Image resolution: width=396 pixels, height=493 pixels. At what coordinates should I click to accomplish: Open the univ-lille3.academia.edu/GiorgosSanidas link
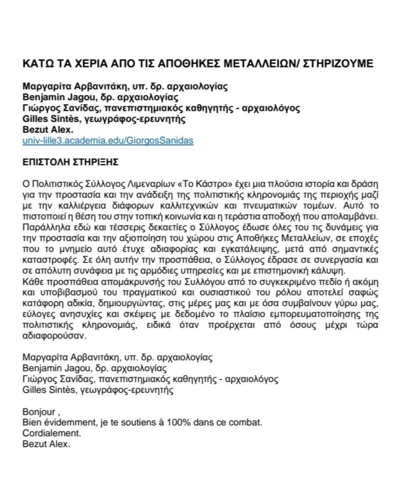click(101, 141)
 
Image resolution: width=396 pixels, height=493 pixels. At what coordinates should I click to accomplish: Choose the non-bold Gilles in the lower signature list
click(33, 390)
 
